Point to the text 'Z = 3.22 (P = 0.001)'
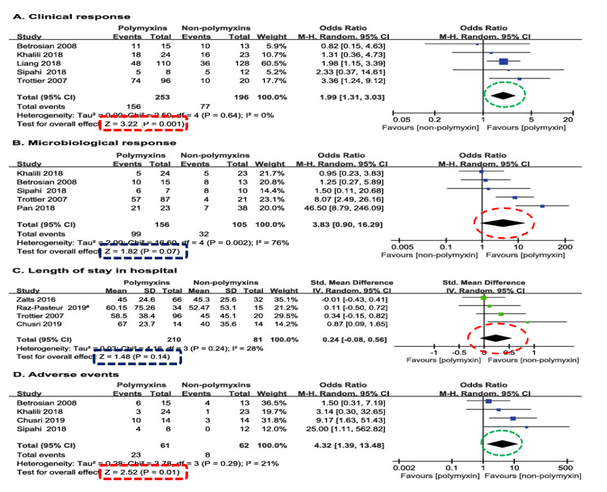point(145,127)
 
